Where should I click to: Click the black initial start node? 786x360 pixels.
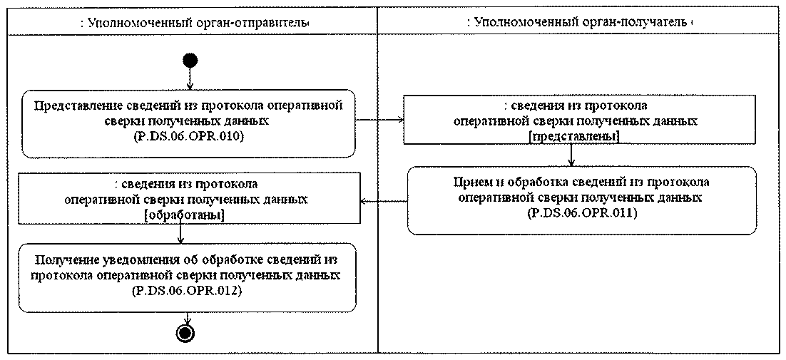189,60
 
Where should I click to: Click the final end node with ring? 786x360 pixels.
188,332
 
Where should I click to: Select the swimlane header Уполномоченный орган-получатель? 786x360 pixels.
579,22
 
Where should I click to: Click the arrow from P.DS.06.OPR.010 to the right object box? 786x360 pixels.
378,120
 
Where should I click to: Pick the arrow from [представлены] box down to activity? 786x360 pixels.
572,155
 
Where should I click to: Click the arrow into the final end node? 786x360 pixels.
188,319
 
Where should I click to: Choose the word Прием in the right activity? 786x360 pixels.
471,181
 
